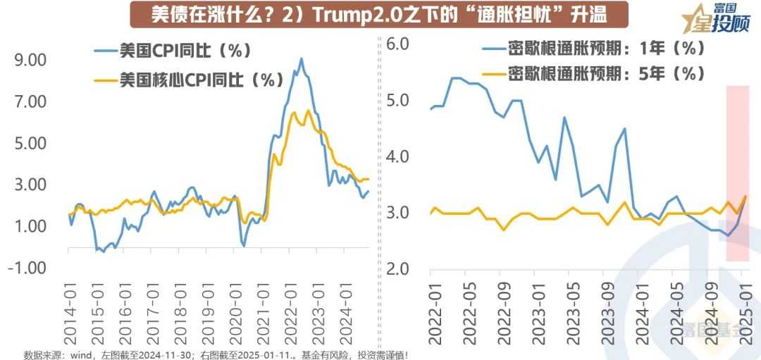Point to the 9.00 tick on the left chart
pos(31,61)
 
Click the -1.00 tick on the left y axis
pos(29,268)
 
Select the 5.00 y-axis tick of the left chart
pos(31,144)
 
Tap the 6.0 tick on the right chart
pos(398,44)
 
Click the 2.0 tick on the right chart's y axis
pos(398,269)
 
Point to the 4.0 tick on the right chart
pos(398,156)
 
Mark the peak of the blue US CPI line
pos(302,58)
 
